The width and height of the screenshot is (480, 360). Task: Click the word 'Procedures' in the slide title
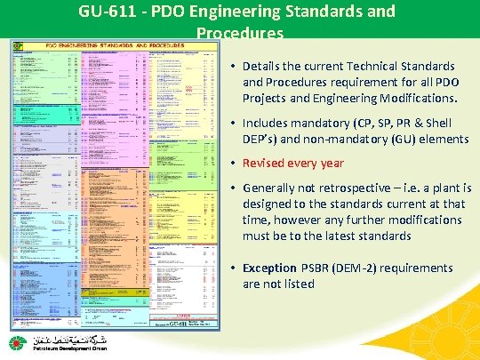click(x=239, y=34)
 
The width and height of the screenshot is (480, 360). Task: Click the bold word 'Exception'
click(x=269, y=268)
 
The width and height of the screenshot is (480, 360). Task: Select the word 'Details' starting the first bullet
click(x=264, y=67)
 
